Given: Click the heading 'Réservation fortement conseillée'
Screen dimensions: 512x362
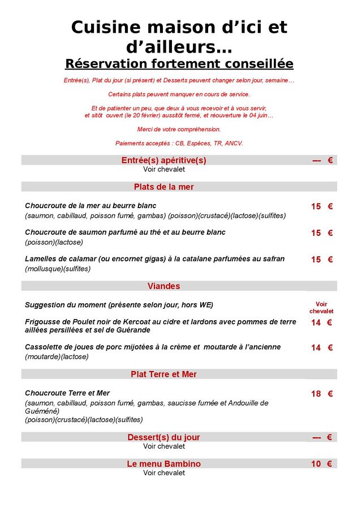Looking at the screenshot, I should tap(179, 63).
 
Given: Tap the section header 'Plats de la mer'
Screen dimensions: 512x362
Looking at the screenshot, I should tap(164, 187).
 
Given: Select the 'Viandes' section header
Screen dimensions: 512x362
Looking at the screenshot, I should tap(164, 286).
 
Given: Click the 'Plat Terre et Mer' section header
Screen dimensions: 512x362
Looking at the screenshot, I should tap(164, 375).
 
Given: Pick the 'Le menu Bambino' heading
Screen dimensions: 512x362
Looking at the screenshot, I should tap(164, 464).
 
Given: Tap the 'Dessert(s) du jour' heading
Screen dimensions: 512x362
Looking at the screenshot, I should tap(164, 437).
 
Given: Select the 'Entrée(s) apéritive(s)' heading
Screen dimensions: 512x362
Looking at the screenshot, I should tap(164, 161).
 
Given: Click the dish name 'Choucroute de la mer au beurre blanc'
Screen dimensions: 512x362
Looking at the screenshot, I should tap(90, 206).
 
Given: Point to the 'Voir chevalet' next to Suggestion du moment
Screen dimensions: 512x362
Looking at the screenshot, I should tap(321, 308).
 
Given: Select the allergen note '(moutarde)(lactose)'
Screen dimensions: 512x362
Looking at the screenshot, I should tap(57, 357).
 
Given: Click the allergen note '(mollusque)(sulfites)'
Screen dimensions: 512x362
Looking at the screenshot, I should tap(58, 269).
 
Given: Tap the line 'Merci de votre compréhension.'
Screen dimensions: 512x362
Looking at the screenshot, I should tap(179, 130).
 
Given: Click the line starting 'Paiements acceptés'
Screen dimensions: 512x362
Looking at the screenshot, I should tap(179, 144).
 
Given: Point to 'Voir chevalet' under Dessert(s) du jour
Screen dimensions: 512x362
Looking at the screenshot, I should tap(164, 446).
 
